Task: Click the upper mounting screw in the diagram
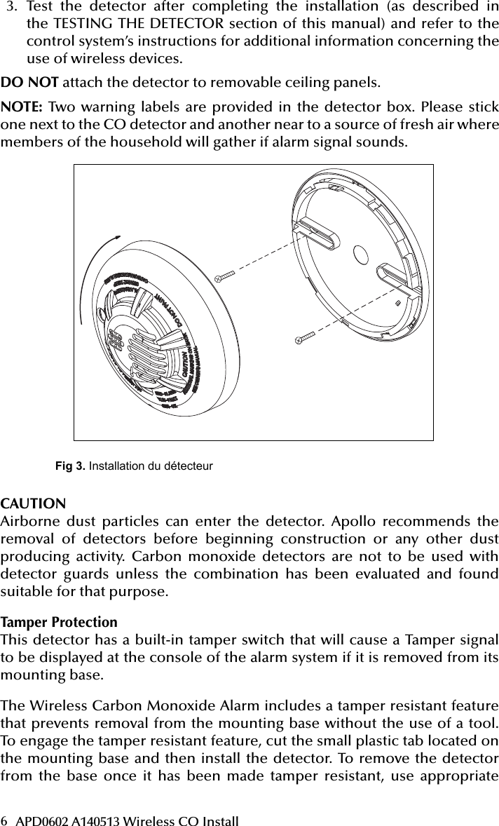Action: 226,276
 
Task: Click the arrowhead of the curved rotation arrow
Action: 111,241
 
